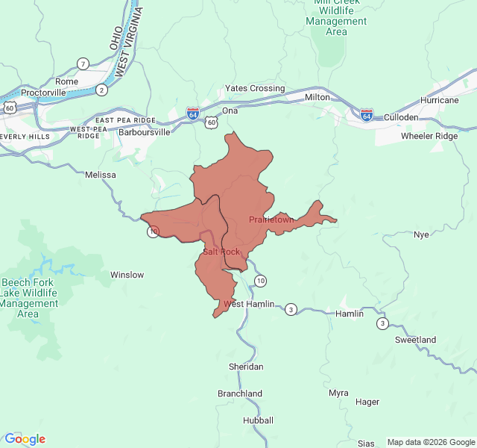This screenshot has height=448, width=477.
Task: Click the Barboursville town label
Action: (145, 132)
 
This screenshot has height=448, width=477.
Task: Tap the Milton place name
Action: (317, 97)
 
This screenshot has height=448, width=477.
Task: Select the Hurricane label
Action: (440, 100)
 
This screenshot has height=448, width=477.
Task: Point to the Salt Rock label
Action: (221, 252)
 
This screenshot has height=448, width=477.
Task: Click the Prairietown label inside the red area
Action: (271, 220)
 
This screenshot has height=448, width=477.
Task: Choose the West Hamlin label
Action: (249, 305)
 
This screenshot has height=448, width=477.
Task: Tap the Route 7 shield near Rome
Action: (83, 63)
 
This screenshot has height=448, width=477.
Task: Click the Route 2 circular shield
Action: (102, 90)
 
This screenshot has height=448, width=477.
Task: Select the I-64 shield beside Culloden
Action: (367, 115)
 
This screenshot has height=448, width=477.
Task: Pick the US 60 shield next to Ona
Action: (212, 121)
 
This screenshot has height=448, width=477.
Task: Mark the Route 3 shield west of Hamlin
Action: (291, 309)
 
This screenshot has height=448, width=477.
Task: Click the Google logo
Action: (25, 439)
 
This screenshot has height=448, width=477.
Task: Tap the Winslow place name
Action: (127, 275)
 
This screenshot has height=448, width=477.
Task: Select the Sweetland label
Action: (415, 340)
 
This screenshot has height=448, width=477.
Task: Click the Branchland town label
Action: (240, 393)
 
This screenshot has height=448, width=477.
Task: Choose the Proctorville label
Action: (43, 93)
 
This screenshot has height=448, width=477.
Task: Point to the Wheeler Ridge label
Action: (429, 136)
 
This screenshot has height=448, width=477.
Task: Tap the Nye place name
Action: (422, 234)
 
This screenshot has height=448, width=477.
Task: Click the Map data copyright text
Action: (431, 441)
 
